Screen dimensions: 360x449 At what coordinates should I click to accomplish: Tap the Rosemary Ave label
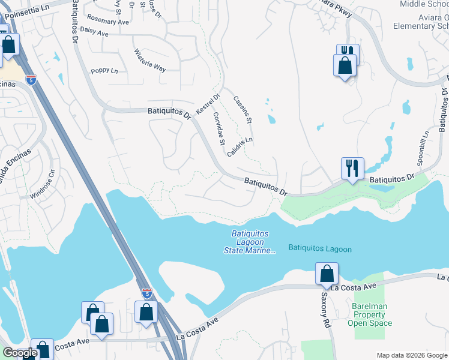[x=108, y=22]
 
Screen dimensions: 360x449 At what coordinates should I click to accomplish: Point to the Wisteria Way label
[x=149, y=60]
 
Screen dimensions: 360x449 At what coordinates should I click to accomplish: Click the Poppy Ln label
[x=104, y=71]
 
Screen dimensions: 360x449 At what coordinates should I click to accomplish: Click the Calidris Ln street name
[x=240, y=147]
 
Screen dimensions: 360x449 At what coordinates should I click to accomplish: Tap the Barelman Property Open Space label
[x=370, y=314]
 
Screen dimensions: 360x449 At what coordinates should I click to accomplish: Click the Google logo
[x=20, y=353]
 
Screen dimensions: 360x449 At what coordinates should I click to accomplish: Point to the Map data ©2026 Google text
[x=411, y=355]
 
